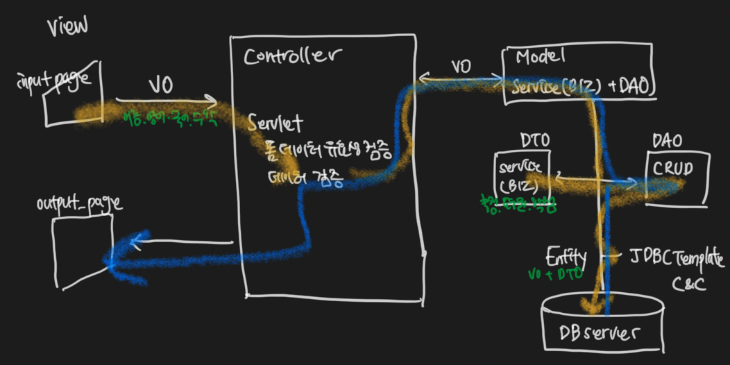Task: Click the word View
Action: pyautogui.click(x=67, y=26)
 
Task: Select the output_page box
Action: pyautogui.click(x=81, y=251)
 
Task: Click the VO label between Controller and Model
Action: pyautogui.click(x=461, y=67)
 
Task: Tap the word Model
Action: pyautogui.click(x=541, y=56)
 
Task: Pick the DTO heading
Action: pyautogui.click(x=535, y=139)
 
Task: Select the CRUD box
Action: pyautogui.click(x=677, y=177)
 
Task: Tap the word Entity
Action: pyautogui.click(x=566, y=256)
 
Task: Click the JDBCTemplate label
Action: pyautogui.click(x=679, y=259)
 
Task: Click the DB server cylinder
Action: pyautogui.click(x=601, y=326)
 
